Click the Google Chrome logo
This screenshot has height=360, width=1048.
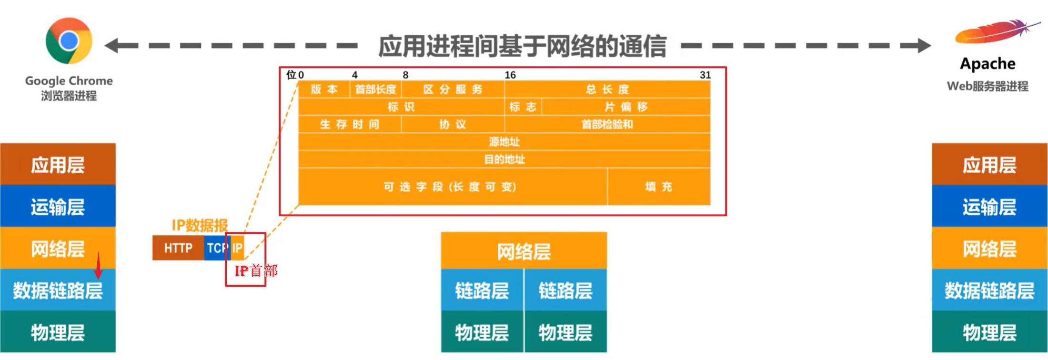69,41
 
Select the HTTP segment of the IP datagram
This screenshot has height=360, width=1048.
178,248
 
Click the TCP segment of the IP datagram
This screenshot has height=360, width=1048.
217,248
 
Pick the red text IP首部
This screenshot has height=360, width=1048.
256,271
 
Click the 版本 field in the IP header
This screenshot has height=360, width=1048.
324,90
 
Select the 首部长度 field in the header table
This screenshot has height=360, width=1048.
376,90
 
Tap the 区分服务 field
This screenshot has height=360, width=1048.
453,90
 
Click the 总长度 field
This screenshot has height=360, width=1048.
607,90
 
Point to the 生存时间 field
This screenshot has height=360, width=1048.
350,124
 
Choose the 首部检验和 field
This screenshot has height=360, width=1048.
607,124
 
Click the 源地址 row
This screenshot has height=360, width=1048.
504,142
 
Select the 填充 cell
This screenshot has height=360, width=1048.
658,187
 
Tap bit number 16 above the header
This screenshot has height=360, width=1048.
510,75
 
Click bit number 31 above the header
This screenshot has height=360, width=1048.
705,75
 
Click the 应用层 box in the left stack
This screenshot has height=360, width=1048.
58,165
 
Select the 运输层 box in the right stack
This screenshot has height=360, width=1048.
989,207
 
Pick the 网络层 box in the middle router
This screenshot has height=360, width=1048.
524,251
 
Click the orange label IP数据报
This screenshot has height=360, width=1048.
200,225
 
